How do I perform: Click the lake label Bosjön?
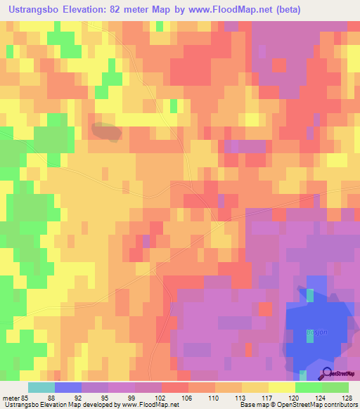click(314, 332)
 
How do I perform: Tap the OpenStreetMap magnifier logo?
click(328, 374)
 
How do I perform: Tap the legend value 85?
click(25, 397)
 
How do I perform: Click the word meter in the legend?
click(11, 397)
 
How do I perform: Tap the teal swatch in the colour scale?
click(41, 387)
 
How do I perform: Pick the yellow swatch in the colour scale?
click(282, 387)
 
